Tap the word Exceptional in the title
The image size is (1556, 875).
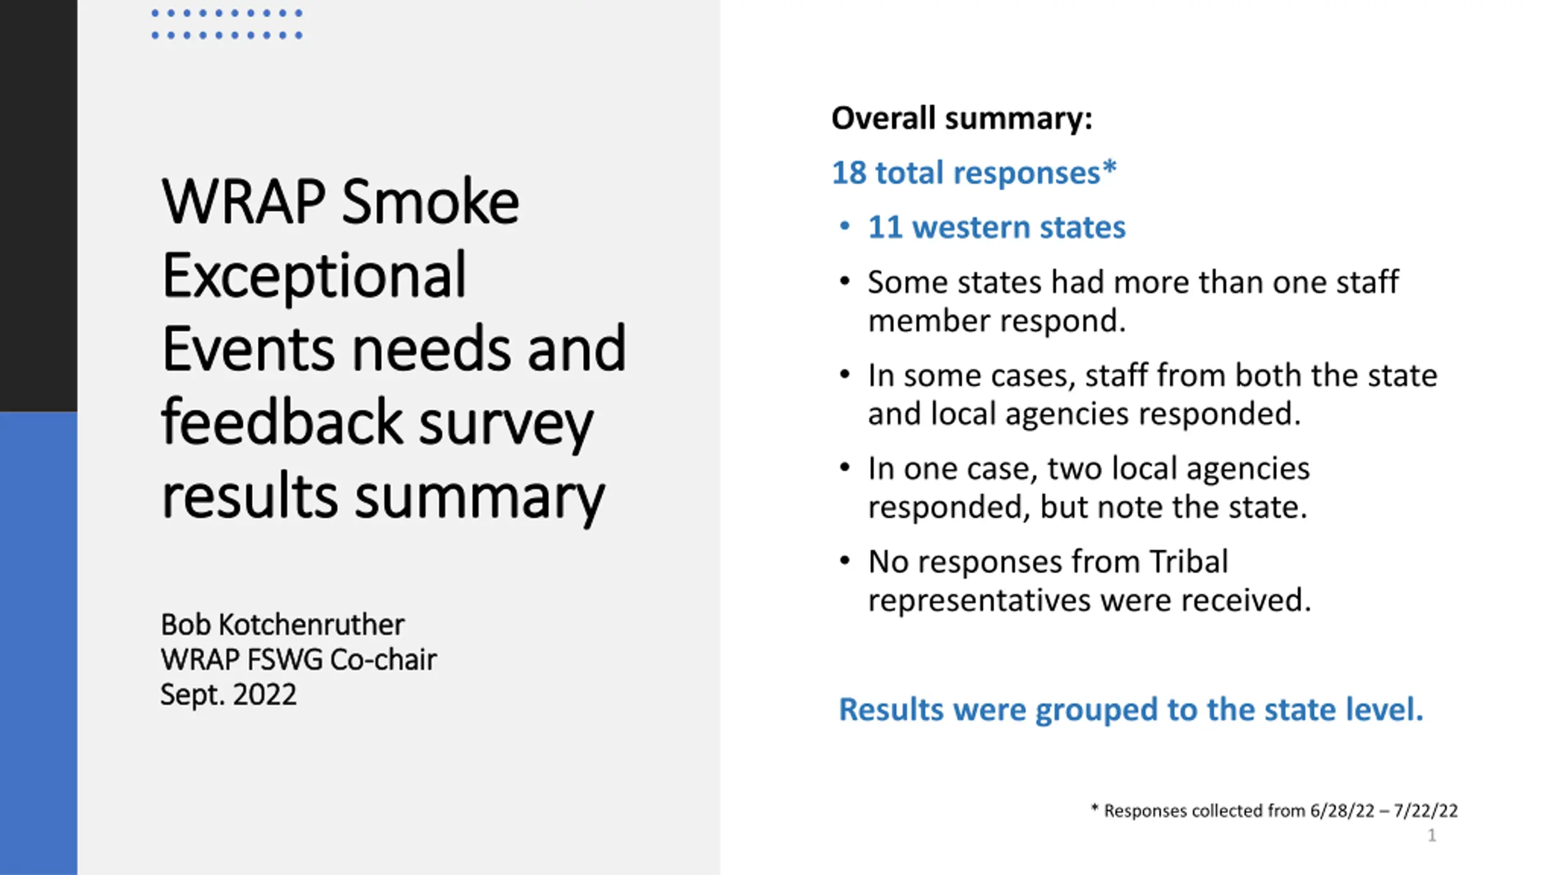tap(314, 275)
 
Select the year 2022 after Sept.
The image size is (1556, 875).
tap(264, 695)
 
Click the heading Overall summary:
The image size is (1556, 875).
tap(962, 118)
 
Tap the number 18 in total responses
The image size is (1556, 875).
tap(849, 173)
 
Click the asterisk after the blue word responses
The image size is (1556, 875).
tap(1109, 166)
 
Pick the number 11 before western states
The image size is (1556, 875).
tap(884, 227)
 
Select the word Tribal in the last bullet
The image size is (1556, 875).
tap(1188, 561)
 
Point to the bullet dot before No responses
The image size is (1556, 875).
tap(844, 561)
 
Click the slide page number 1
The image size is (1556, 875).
tap(1432, 836)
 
